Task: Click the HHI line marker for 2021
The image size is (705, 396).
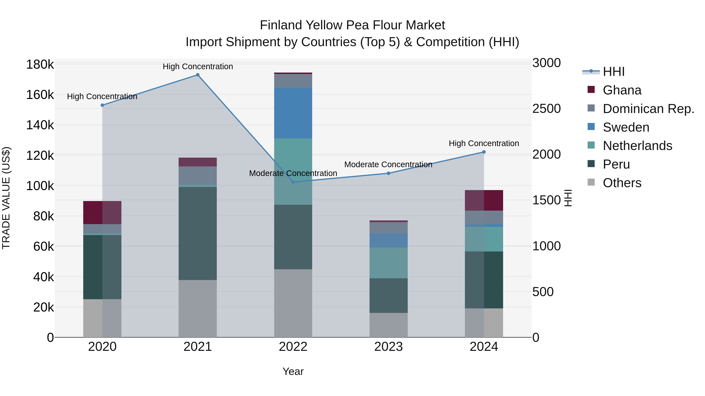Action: point(198,75)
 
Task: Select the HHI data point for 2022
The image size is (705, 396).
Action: point(293,182)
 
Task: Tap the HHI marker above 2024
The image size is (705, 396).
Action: point(484,152)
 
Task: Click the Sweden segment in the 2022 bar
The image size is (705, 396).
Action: point(293,113)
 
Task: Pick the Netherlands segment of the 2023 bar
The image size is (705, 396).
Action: point(388,263)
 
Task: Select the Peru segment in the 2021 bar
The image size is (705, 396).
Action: point(198,233)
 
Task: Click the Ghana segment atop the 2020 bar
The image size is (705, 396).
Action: point(102,213)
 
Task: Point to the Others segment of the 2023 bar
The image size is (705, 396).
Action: point(388,325)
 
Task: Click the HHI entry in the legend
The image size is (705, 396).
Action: point(614,72)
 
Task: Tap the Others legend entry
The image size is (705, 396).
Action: point(622,183)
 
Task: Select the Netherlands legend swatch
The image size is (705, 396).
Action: point(591,145)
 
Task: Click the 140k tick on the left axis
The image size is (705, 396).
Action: point(40,125)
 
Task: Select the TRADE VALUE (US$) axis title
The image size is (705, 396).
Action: point(6,198)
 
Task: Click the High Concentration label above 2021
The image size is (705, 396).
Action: point(198,66)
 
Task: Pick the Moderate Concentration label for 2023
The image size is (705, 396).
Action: point(388,164)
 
